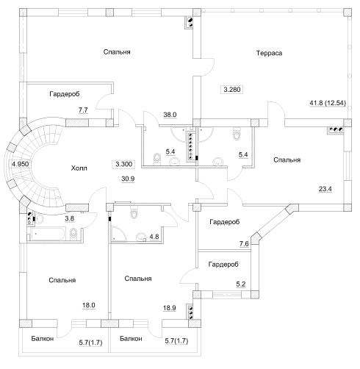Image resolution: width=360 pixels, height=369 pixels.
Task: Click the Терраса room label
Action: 269,53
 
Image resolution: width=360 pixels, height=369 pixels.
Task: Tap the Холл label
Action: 79,168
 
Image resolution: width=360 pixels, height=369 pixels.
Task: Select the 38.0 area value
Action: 170,115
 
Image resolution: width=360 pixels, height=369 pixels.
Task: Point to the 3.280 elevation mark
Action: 231,90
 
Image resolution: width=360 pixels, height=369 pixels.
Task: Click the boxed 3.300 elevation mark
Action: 123,164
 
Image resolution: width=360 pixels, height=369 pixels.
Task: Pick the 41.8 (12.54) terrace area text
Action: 328,103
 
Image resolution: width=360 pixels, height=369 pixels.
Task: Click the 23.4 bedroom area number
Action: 325,189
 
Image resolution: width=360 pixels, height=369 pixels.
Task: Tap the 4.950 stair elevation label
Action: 21,164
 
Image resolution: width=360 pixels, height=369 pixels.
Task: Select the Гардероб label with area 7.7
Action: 65,94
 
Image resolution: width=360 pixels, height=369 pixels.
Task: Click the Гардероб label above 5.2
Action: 223,265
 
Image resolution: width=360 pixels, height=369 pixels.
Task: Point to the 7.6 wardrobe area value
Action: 244,244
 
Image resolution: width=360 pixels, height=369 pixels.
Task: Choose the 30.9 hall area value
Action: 128,179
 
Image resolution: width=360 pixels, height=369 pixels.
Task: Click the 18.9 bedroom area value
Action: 170,308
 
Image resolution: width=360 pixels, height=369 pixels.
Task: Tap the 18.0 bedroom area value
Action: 89,305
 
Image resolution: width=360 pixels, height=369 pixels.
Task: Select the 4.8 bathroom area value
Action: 154,237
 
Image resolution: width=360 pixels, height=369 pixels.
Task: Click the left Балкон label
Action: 43,339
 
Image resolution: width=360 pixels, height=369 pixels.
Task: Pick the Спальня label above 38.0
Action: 117,52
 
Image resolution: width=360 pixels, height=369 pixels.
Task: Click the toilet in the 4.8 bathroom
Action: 134,212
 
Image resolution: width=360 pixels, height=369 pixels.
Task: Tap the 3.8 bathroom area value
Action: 69,218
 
